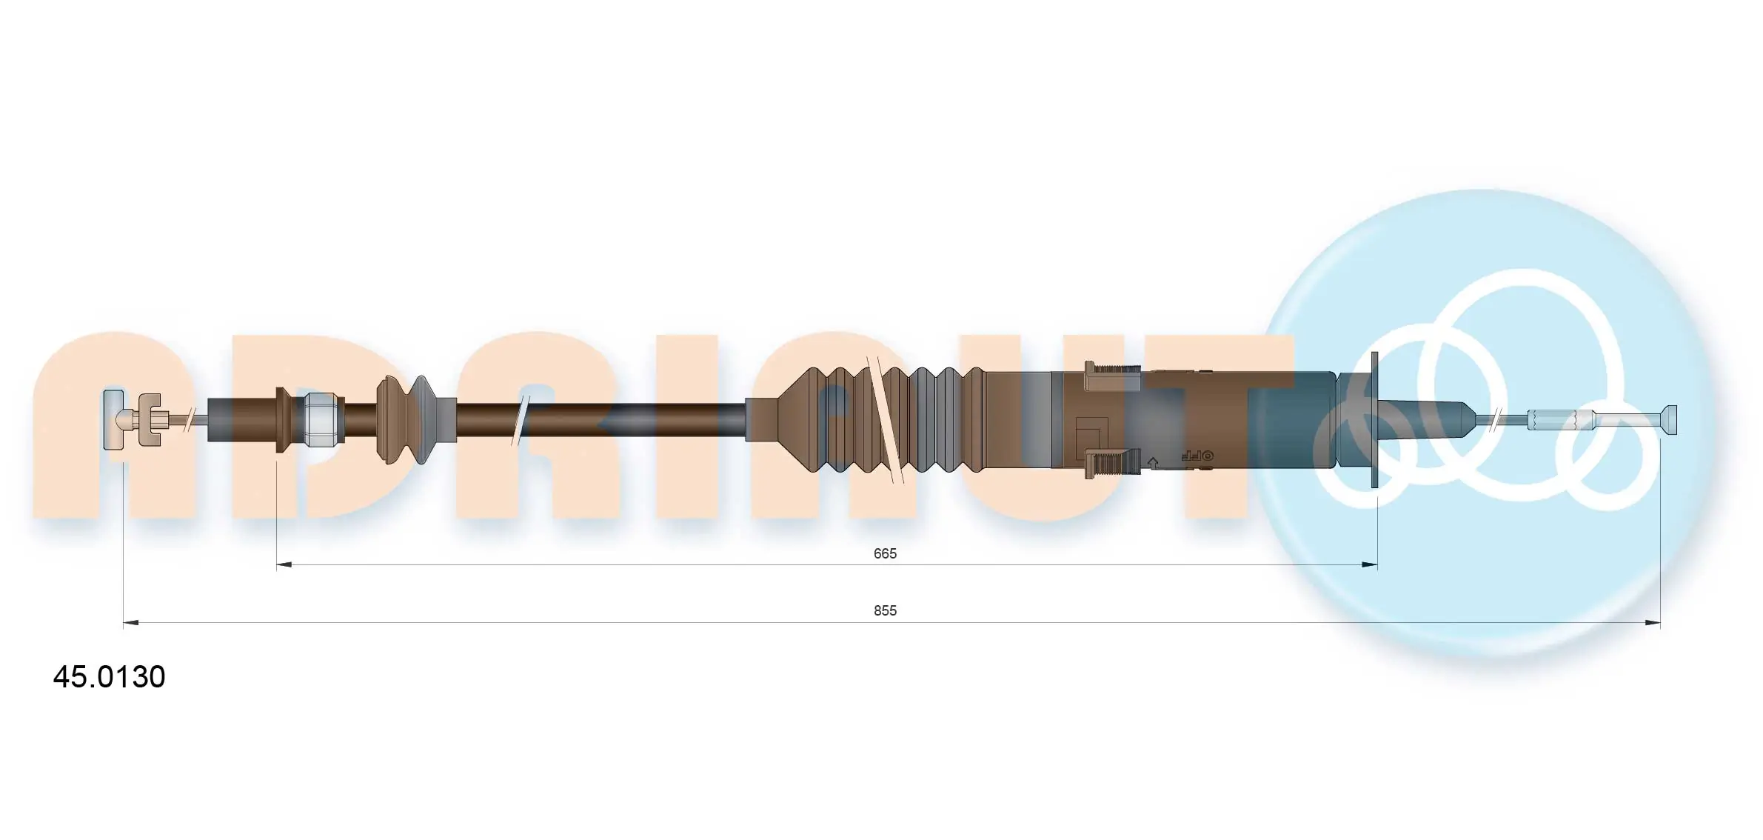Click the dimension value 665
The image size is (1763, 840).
click(884, 553)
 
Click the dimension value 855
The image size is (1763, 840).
click(884, 610)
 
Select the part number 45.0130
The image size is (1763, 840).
click(109, 676)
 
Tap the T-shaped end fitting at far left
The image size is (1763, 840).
click(113, 419)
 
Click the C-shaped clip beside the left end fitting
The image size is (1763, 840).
click(150, 419)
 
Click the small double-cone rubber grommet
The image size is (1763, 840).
click(405, 419)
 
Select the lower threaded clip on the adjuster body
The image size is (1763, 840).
click(1113, 464)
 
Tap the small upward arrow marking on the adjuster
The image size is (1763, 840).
click(1152, 463)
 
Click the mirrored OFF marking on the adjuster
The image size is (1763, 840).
click(1195, 456)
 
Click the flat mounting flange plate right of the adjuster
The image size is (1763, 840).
click(1375, 419)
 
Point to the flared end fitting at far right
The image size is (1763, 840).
click(1669, 419)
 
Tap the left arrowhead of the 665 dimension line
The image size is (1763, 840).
click(284, 565)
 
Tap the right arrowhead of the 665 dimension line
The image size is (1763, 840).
click(1370, 565)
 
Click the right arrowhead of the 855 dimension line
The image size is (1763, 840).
click(1653, 623)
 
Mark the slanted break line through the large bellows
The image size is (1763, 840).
click(886, 419)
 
